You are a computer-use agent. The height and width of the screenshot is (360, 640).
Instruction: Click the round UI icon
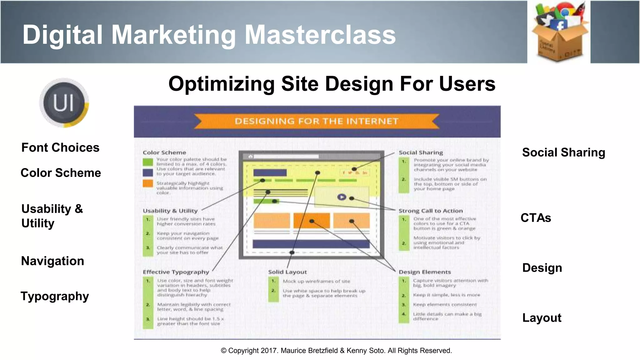point(64,103)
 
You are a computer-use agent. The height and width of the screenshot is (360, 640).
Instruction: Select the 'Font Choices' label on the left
point(60,147)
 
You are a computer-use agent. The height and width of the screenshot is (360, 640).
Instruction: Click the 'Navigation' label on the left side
point(52,261)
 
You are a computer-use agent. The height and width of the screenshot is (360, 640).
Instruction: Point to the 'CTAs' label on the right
point(536,218)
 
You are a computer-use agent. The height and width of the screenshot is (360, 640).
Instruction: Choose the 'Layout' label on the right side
point(542,318)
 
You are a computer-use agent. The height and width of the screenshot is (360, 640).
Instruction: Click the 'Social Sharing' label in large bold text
point(563,152)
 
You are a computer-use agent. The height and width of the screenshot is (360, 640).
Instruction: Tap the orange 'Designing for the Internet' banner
point(317,121)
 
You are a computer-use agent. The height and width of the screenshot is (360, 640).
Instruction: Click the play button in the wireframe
point(342,197)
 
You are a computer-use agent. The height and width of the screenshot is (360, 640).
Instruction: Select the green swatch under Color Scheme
point(148,162)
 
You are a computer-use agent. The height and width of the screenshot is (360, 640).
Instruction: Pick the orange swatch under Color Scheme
point(148,183)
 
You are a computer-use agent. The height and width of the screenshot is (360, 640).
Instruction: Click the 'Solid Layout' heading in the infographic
point(287,272)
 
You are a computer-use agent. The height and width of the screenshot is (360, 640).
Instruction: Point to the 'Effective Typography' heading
point(176,272)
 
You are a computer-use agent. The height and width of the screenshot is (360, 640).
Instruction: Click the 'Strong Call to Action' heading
point(430,211)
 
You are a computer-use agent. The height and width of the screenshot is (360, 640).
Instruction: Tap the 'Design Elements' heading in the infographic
point(425,272)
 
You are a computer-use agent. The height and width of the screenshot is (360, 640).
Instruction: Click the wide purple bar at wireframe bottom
point(311,244)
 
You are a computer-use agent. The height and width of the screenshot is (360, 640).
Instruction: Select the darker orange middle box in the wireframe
point(312,221)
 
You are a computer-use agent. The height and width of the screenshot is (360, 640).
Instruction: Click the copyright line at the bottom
point(336,351)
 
